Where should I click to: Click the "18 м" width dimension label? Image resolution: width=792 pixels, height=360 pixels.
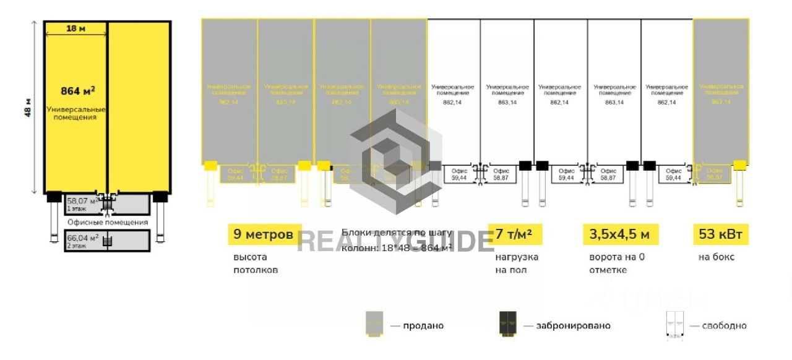click(75, 28)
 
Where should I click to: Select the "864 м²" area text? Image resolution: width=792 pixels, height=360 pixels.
click(77, 91)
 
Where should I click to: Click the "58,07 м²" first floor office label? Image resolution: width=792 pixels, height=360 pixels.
click(82, 200)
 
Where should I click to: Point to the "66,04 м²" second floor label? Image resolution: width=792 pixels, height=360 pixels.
click(82, 238)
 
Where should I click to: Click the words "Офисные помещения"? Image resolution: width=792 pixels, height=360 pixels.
click(108, 222)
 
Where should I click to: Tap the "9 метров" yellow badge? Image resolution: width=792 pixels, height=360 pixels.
click(264, 234)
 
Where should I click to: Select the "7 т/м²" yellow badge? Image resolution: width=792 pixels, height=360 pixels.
click(514, 234)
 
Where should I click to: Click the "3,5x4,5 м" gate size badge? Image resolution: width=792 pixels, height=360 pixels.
click(621, 234)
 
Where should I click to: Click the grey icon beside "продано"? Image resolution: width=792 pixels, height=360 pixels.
click(374, 325)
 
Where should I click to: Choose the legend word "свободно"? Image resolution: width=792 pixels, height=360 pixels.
click(725, 325)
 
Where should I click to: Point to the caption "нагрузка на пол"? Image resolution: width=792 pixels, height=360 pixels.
click(517, 264)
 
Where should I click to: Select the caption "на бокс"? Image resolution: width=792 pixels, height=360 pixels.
click(716, 257)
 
